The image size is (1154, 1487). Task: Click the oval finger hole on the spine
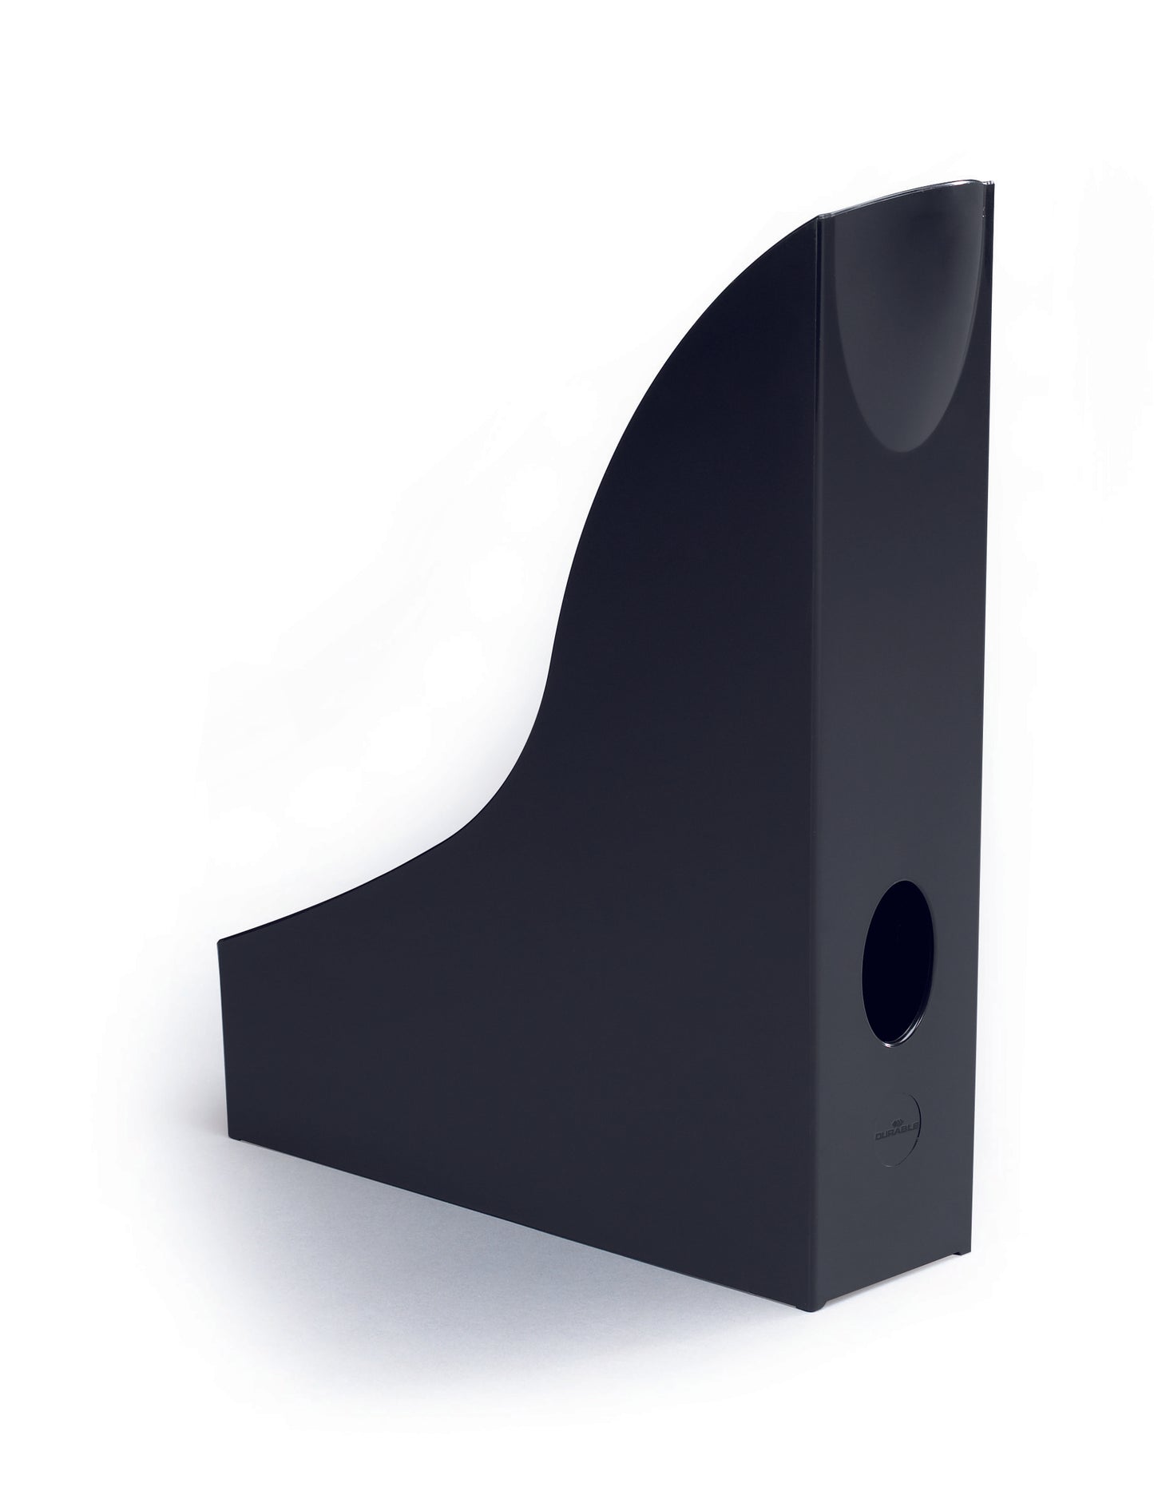tap(897, 964)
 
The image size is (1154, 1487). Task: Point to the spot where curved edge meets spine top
tap(819, 216)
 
